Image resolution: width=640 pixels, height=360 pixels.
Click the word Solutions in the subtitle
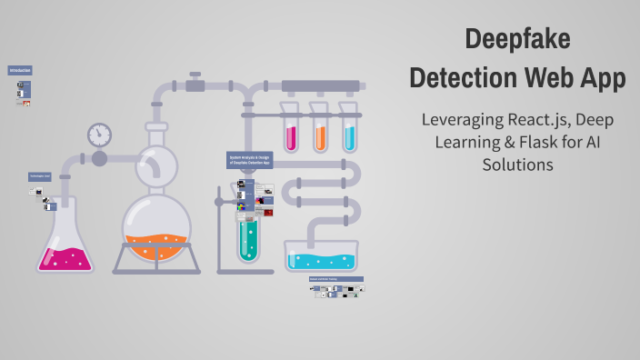pyautogui.click(x=516, y=165)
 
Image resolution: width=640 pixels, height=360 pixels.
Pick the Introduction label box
pyautogui.click(x=20, y=70)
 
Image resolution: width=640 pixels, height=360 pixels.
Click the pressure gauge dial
pyautogui.click(x=99, y=135)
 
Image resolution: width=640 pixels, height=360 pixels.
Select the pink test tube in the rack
pyautogui.click(x=291, y=132)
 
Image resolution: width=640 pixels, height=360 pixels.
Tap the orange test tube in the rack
pyautogui.click(x=320, y=132)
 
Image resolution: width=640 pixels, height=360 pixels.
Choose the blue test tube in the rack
pyautogui.click(x=349, y=132)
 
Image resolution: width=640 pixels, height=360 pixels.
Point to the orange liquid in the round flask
pyautogui.click(x=156, y=245)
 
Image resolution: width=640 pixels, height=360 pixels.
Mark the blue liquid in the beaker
pyautogui.click(x=322, y=261)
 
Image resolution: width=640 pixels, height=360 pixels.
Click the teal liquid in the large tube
pyautogui.click(x=248, y=238)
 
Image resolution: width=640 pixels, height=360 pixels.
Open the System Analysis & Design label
pyautogui.click(x=250, y=160)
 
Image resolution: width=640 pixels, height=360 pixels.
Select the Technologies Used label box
pyautogui.click(x=39, y=176)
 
